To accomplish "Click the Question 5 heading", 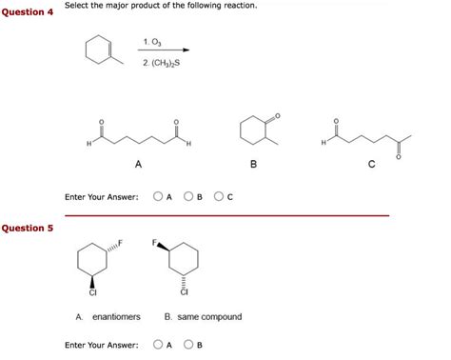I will pos(28,229).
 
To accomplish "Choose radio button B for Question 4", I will pos(189,197).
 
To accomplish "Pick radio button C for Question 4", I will pos(221,197).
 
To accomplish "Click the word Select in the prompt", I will pos(77,7).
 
